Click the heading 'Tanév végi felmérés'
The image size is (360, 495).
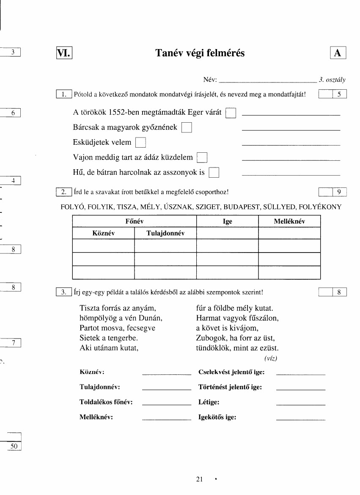point(200,53)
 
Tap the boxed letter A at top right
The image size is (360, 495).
point(338,53)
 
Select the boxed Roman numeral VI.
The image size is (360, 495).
point(64,53)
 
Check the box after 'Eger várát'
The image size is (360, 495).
point(231,113)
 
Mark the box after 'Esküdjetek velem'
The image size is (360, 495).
point(140,143)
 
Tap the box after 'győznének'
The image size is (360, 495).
point(187,128)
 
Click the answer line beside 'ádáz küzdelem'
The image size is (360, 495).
point(291,160)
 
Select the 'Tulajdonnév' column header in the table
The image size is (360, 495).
point(165,233)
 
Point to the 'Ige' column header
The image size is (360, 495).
point(227,221)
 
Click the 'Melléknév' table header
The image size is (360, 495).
point(289,221)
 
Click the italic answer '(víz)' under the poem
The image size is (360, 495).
point(271,358)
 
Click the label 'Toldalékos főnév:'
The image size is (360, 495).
point(106,402)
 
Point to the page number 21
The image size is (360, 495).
point(200,479)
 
